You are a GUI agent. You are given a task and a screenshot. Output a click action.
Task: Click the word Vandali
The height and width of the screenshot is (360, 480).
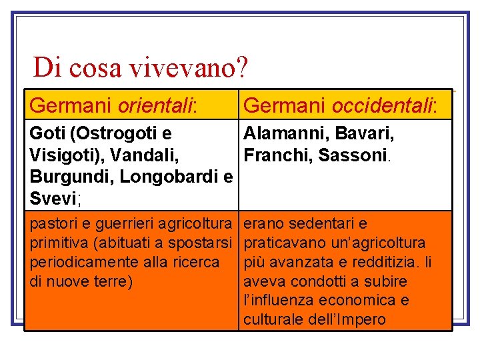click(149, 155)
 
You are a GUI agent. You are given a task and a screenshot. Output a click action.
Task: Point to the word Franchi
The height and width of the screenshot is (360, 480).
click(273, 155)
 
